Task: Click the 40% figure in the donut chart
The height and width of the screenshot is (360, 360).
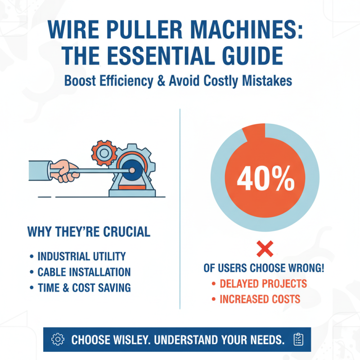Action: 265,180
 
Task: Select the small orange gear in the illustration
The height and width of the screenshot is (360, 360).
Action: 103,153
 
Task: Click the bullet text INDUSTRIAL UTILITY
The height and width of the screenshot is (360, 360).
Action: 81,256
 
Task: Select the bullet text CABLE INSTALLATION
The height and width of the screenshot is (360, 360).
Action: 84,272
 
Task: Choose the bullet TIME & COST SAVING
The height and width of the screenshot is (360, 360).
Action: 84,287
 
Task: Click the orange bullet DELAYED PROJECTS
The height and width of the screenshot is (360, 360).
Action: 263,283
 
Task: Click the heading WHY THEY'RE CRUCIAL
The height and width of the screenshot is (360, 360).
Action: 89,232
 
